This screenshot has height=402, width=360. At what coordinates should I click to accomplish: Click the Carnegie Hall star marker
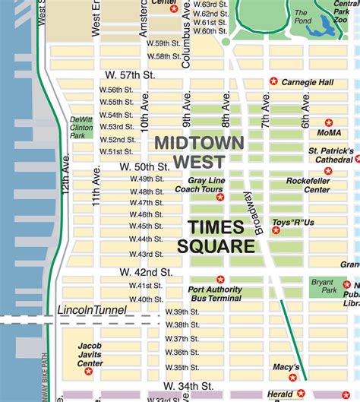(273, 81)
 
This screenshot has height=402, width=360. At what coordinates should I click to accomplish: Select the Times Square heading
(216, 237)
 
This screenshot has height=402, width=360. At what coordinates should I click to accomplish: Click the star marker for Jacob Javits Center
(89, 371)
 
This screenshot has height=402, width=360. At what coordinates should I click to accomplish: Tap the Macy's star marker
(293, 378)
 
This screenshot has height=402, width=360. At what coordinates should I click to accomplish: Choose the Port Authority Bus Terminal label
(216, 294)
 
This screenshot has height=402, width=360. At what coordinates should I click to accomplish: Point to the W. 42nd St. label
(146, 271)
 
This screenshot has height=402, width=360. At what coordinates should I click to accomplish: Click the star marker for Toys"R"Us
(276, 229)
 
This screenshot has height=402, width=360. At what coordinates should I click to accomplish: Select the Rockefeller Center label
(308, 185)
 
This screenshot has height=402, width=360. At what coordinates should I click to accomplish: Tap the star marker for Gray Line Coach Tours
(220, 197)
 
